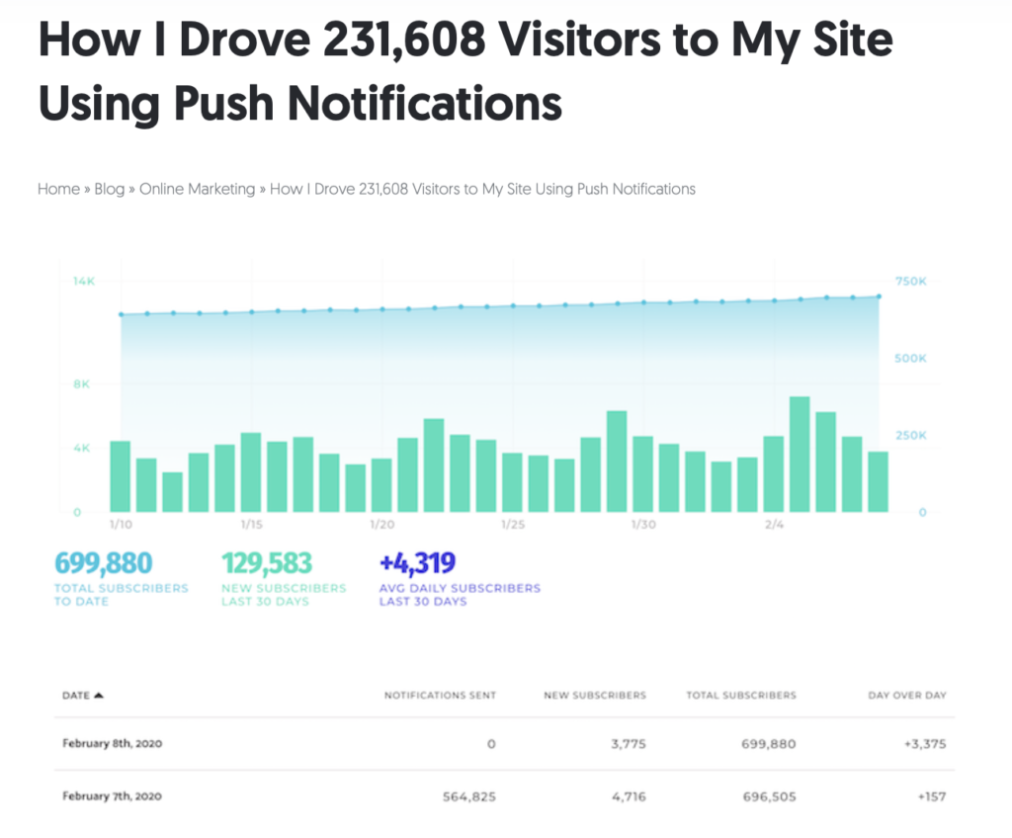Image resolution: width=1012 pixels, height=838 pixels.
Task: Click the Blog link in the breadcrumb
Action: tap(109, 189)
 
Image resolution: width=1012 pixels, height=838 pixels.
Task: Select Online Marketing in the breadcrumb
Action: tap(197, 189)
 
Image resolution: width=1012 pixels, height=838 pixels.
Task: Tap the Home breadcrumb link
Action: tap(58, 189)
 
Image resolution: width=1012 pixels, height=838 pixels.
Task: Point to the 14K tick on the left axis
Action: tap(83, 282)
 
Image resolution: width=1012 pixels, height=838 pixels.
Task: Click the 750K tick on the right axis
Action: tap(910, 282)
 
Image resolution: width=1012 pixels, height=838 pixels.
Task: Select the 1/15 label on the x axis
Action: tap(251, 524)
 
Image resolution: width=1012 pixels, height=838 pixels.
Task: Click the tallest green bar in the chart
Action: tap(800, 454)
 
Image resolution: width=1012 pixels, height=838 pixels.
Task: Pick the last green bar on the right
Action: tap(878, 481)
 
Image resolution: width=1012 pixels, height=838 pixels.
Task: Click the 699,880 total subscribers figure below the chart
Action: tap(104, 563)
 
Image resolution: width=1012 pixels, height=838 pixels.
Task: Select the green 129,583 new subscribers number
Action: tap(267, 563)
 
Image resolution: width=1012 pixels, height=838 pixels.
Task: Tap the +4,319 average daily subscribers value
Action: tap(417, 563)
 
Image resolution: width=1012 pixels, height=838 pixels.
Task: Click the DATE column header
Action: tap(77, 695)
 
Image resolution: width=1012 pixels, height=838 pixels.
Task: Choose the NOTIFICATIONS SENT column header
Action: tap(440, 695)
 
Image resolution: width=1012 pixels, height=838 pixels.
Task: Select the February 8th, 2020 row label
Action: tap(112, 743)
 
